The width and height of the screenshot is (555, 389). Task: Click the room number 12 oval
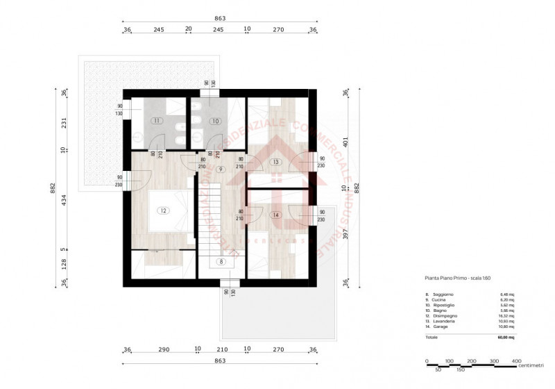tap(163, 210)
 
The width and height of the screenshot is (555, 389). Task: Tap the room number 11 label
tap(157, 121)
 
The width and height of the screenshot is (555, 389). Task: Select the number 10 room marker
tap(216, 121)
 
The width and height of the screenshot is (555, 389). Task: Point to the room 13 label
tap(275, 162)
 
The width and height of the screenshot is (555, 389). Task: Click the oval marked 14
tap(275, 215)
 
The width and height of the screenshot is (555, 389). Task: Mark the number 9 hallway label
tap(221, 169)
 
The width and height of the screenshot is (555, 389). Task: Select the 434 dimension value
tap(63, 201)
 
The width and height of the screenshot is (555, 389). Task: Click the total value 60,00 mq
tap(506, 337)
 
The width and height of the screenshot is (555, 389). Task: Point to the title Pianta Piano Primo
tap(448, 277)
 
